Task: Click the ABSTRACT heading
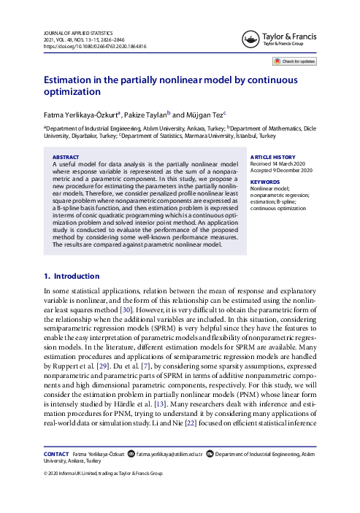point(67,157)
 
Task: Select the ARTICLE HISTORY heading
point(273,157)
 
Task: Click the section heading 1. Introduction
point(72,255)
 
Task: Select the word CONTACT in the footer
point(56,454)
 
